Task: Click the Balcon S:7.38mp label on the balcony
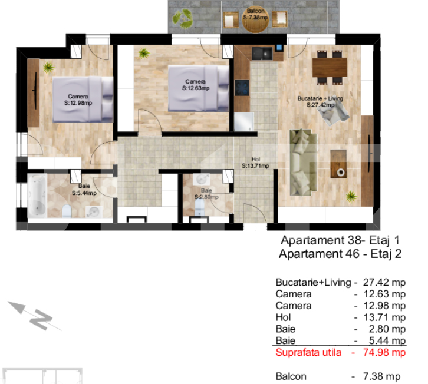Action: coord(256,15)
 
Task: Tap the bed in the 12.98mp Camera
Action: coord(83,99)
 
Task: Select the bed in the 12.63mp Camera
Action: coord(198,88)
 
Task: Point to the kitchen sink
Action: coord(261,54)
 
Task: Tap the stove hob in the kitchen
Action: coord(242,88)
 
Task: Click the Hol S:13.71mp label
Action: coord(255,163)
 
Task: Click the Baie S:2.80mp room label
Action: coord(206,194)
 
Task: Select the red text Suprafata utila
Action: coord(308,353)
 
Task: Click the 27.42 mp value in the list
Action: coord(385,282)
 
